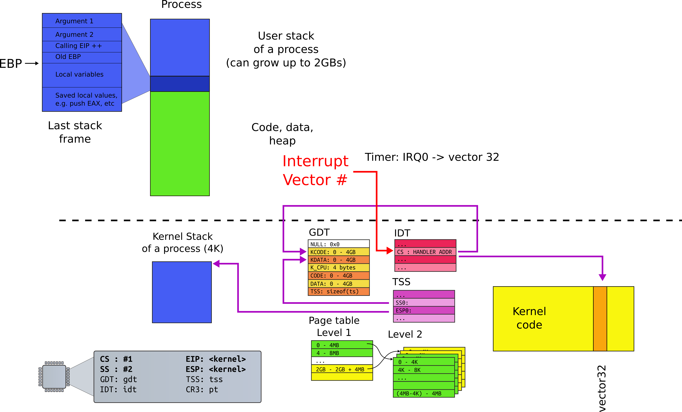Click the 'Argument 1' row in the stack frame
pyautogui.click(x=82, y=21)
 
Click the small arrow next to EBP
pyautogui.click(x=32, y=63)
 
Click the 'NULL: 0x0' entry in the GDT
pyautogui.click(x=338, y=244)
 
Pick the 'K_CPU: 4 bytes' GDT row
pyautogui.click(x=338, y=268)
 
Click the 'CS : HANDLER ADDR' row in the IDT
pyautogui.click(x=425, y=252)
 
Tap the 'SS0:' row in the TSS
pyautogui.click(x=424, y=302)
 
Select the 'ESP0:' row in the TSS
pyautogui.click(x=424, y=310)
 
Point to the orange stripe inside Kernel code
pyautogui.click(x=600, y=319)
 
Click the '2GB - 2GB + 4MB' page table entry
pyautogui.click(x=342, y=369)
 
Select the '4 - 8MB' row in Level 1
pyautogui.click(x=342, y=353)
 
